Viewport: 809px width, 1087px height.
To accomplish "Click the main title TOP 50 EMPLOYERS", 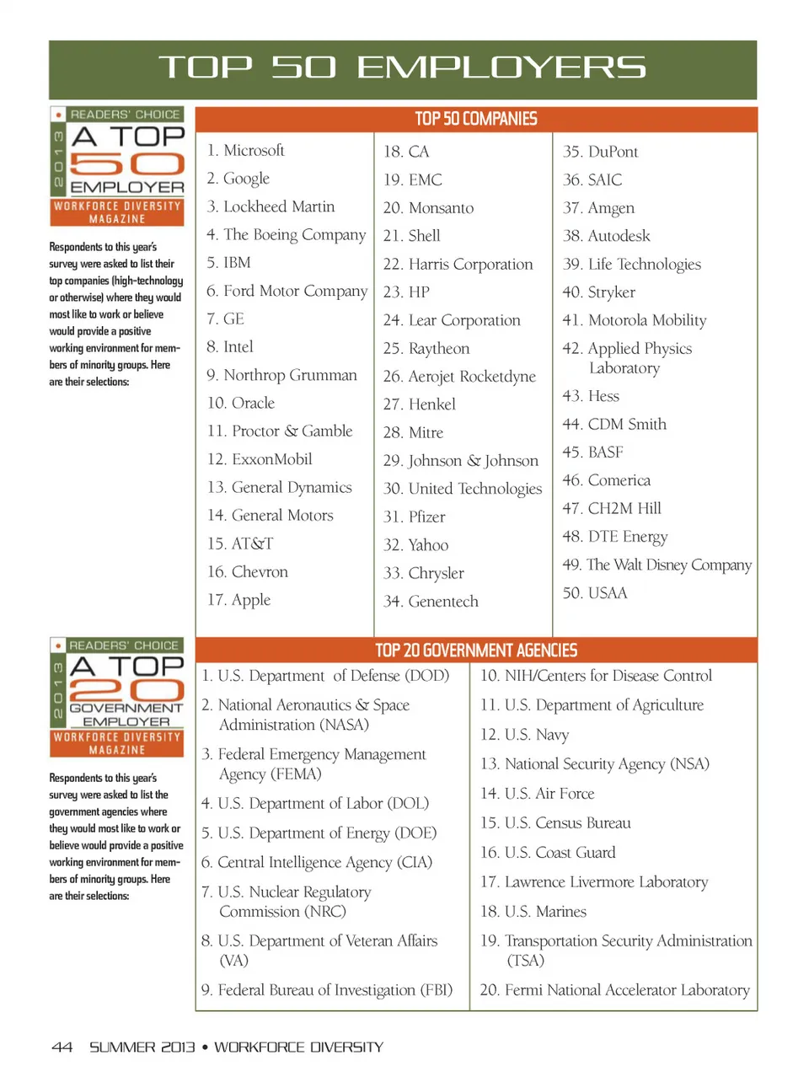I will pyautogui.click(x=403, y=67).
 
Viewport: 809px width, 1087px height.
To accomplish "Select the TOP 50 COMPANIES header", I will pyautogui.click(x=476, y=119).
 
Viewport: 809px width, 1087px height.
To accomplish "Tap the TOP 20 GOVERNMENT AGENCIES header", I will pyautogui.click(x=476, y=651).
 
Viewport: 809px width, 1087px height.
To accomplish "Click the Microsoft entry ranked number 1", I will pyautogui.click(x=246, y=151).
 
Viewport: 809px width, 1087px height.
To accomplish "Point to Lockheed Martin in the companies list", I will pyautogui.click(x=271, y=206).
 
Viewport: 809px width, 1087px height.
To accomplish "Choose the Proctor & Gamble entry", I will pyautogui.click(x=281, y=431).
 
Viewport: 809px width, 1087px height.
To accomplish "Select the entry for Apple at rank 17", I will pyautogui.click(x=239, y=600).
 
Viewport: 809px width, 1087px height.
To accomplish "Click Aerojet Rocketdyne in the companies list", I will pyautogui.click(x=460, y=377).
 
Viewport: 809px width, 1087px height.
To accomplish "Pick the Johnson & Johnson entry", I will pyautogui.click(x=461, y=461).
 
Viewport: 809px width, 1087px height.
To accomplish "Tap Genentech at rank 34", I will pyautogui.click(x=431, y=602).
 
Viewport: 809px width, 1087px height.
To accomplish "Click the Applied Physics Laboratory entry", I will pyautogui.click(x=628, y=358).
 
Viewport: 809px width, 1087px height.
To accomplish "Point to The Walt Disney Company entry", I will pyautogui.click(x=657, y=565).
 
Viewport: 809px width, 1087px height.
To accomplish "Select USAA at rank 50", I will pyautogui.click(x=595, y=593).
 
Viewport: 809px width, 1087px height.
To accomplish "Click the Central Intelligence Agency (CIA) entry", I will pyautogui.click(x=317, y=863).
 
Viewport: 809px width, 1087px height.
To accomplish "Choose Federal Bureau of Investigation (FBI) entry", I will pyautogui.click(x=327, y=990).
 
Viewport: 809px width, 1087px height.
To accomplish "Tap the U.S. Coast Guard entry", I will pyautogui.click(x=548, y=853).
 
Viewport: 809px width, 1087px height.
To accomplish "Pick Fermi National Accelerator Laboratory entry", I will pyautogui.click(x=615, y=990).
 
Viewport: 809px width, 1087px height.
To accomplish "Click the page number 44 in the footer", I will pyautogui.click(x=62, y=1047).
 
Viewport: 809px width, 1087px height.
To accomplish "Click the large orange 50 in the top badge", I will pyautogui.click(x=126, y=163).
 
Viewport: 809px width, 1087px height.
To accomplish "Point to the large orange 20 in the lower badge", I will pyautogui.click(x=126, y=691).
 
